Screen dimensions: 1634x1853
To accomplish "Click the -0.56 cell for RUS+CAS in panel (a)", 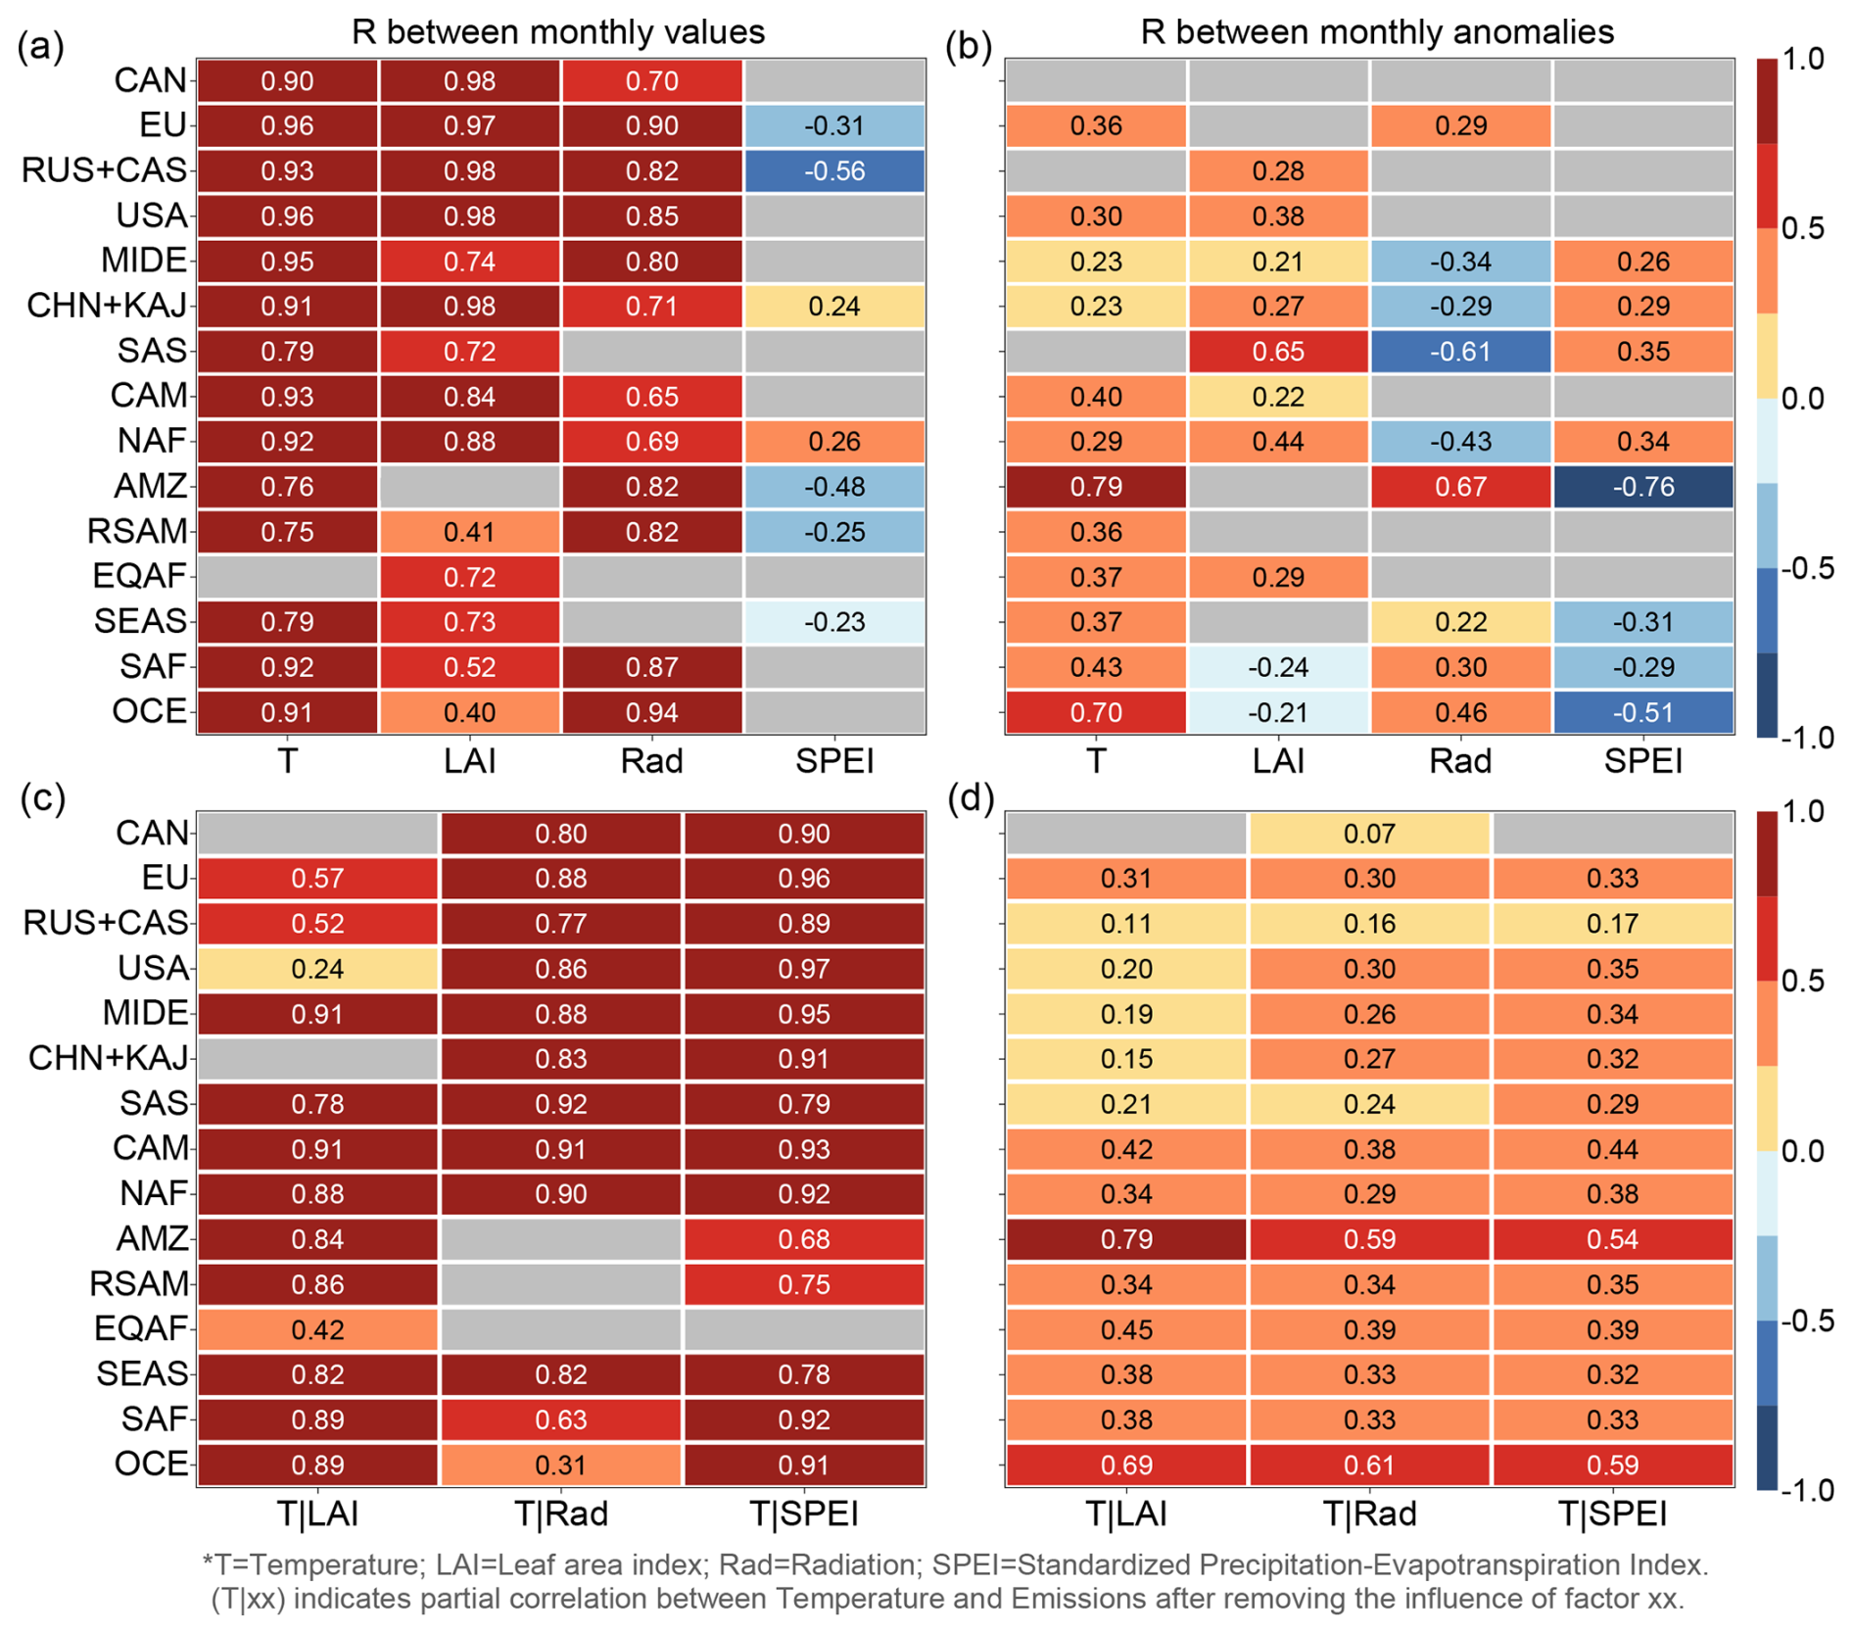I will point(834,170).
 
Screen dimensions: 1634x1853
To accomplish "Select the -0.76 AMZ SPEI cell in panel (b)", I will point(1642,487).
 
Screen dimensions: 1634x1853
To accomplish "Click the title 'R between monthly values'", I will point(558,31).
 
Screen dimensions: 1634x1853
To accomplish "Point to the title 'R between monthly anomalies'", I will point(1377,31).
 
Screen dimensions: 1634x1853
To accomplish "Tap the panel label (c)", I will point(42,798).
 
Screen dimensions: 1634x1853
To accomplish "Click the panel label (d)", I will point(971,798).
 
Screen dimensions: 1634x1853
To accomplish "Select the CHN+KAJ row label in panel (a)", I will point(107,306).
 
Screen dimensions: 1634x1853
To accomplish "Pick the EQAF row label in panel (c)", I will point(140,1328).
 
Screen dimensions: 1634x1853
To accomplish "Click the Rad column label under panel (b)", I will point(1460,761).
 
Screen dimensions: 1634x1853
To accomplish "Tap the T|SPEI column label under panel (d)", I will point(1612,1514).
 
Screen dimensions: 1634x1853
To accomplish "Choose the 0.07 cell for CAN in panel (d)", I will point(1369,834).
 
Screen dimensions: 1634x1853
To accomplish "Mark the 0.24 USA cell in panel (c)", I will point(317,969).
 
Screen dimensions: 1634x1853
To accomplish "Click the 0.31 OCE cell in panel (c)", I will point(561,1465).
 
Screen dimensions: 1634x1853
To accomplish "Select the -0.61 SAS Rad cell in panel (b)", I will point(1460,352).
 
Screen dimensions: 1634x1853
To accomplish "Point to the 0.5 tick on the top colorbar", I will point(1802,228).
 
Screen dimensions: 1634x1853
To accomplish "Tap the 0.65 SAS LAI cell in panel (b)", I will point(1278,352).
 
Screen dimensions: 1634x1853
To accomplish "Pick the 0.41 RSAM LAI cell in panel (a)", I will point(469,532).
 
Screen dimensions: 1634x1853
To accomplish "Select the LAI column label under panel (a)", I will point(469,761).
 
